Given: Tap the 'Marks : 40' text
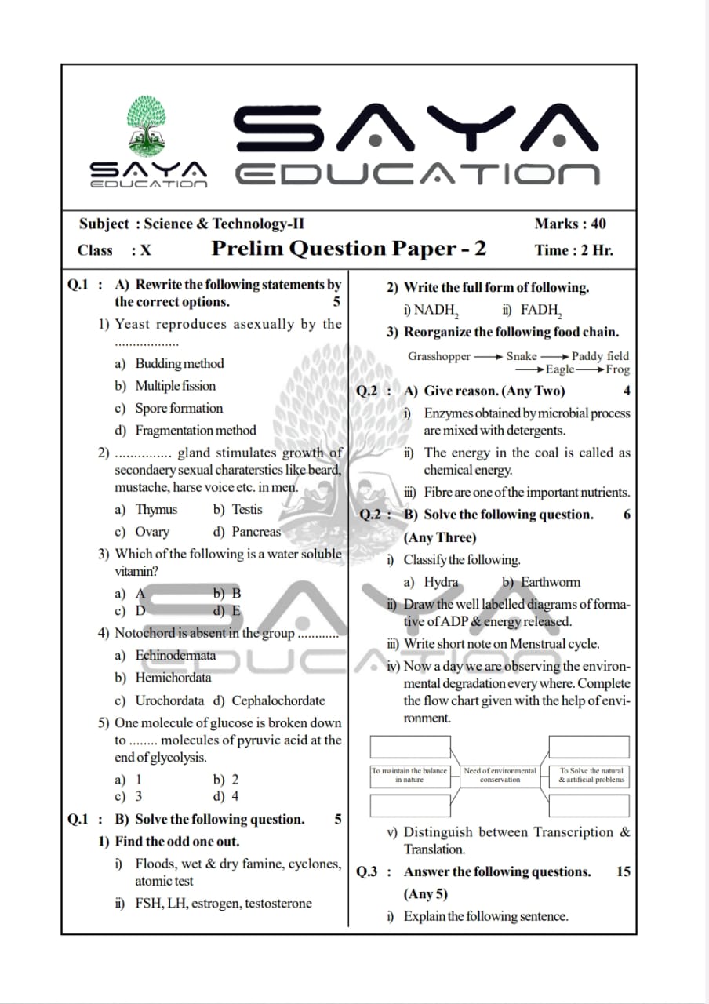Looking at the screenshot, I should point(569,224).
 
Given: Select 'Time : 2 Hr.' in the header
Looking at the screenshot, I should point(573,250).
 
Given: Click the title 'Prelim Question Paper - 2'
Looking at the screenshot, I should point(349,249).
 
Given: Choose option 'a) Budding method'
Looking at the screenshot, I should point(169,364).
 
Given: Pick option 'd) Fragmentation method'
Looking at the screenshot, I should point(185,431).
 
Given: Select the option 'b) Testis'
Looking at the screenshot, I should point(238,510).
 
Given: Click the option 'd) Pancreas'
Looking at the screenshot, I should point(246,532).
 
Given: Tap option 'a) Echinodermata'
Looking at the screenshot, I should point(165,656).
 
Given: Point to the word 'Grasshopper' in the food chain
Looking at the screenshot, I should point(438,356).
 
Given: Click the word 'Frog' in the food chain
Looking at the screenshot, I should point(617,369).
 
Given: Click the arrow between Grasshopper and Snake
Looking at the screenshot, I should point(488,357).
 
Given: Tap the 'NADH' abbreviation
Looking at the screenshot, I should point(435,310).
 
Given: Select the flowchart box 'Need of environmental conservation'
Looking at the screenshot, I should point(500,776).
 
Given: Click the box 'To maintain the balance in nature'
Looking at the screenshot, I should point(409,776).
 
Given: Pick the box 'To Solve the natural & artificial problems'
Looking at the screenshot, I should point(591,776).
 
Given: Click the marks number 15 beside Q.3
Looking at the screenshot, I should point(623,871).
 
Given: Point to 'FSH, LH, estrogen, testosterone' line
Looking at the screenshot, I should point(213,904).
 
